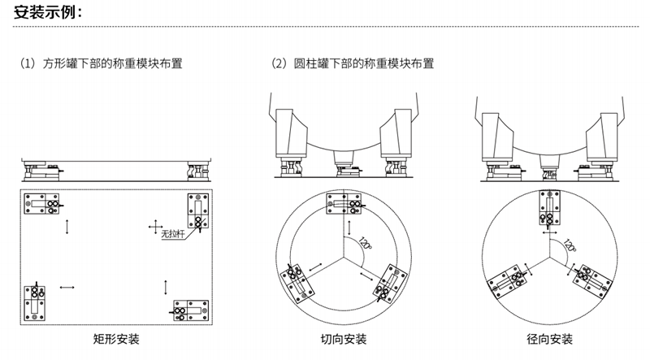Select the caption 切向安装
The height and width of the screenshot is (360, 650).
coord(344,338)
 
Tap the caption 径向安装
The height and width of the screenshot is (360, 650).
coord(549,338)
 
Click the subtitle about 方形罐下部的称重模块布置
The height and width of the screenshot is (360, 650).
coord(103,63)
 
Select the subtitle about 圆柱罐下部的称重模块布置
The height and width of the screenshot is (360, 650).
coord(355,63)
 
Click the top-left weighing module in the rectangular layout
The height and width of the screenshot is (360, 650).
coord(43,203)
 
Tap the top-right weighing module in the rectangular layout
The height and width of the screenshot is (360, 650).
coord(198,212)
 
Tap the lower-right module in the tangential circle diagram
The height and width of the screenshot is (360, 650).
coord(390,280)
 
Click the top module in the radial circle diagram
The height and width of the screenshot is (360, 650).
coord(548,209)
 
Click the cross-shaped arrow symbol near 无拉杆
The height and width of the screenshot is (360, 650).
coord(155,225)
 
